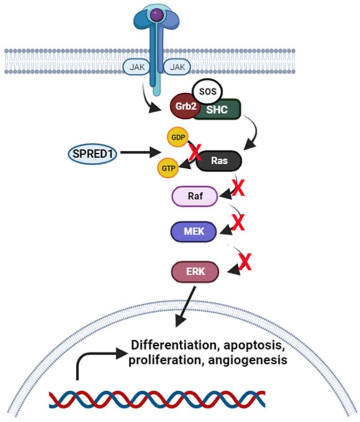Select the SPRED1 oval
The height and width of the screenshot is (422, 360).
point(92,153)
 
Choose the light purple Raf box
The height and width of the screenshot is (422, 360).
point(194,196)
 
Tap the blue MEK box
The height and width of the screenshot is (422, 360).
point(194,231)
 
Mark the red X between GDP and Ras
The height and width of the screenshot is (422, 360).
point(194,152)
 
